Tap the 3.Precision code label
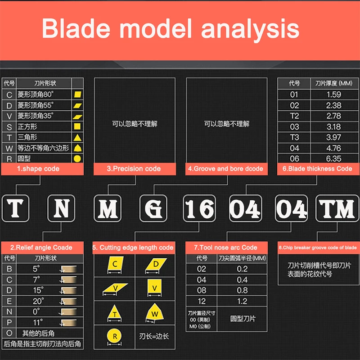point(134,169)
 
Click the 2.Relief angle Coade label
point(41,247)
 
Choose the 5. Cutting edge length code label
point(133,247)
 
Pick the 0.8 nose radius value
point(242,290)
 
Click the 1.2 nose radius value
point(242,301)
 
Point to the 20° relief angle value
point(38,301)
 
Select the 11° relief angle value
point(38,322)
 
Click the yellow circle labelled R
point(115,336)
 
